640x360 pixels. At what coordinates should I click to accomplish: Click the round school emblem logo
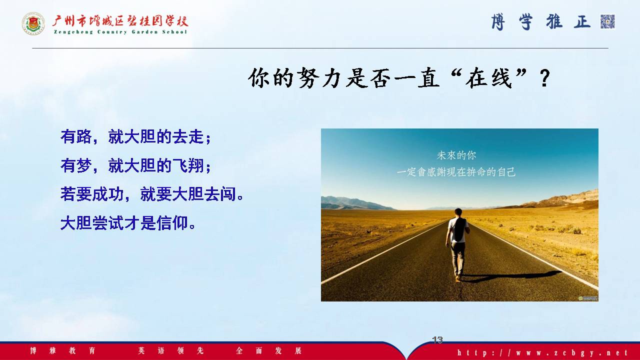[33, 23]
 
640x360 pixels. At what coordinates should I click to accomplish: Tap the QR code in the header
[607, 21]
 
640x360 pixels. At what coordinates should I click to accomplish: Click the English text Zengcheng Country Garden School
[120, 32]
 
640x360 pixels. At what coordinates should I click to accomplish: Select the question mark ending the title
[544, 78]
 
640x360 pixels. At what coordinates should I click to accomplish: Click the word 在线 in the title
[489, 78]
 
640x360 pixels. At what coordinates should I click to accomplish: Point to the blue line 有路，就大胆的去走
[136, 137]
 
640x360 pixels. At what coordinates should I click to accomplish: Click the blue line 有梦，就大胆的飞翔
[136, 165]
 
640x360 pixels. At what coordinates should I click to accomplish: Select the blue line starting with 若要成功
[151, 194]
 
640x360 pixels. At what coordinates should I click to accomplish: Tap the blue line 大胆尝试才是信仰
[128, 223]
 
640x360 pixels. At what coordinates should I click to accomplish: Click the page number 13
[437, 339]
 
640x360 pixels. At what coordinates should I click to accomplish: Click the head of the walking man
[458, 212]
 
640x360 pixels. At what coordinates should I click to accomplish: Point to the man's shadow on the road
[511, 275]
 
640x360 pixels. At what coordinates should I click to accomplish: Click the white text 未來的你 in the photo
[456, 155]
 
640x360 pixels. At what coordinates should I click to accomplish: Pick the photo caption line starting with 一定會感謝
[456, 172]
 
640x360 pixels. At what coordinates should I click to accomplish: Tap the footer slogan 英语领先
[171, 350]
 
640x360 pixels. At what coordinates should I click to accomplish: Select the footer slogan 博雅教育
[62, 350]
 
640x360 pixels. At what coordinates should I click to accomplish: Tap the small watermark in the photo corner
[588, 298]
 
